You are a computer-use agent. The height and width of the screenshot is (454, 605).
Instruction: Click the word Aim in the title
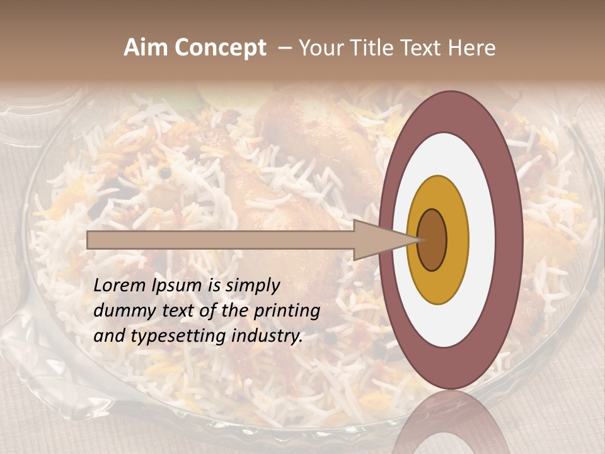[x=146, y=48]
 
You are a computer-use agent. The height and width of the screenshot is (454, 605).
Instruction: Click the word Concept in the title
[x=220, y=48]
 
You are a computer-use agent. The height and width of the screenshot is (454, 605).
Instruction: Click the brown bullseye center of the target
[x=433, y=240]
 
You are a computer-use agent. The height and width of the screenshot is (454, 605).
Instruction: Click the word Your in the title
[x=319, y=48]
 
